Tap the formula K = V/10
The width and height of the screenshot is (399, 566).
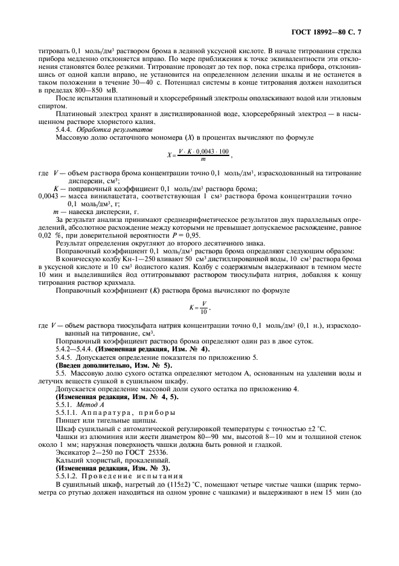pyautogui.click(x=199, y=307)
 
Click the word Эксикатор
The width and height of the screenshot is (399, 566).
pyautogui.click(x=69, y=452)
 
